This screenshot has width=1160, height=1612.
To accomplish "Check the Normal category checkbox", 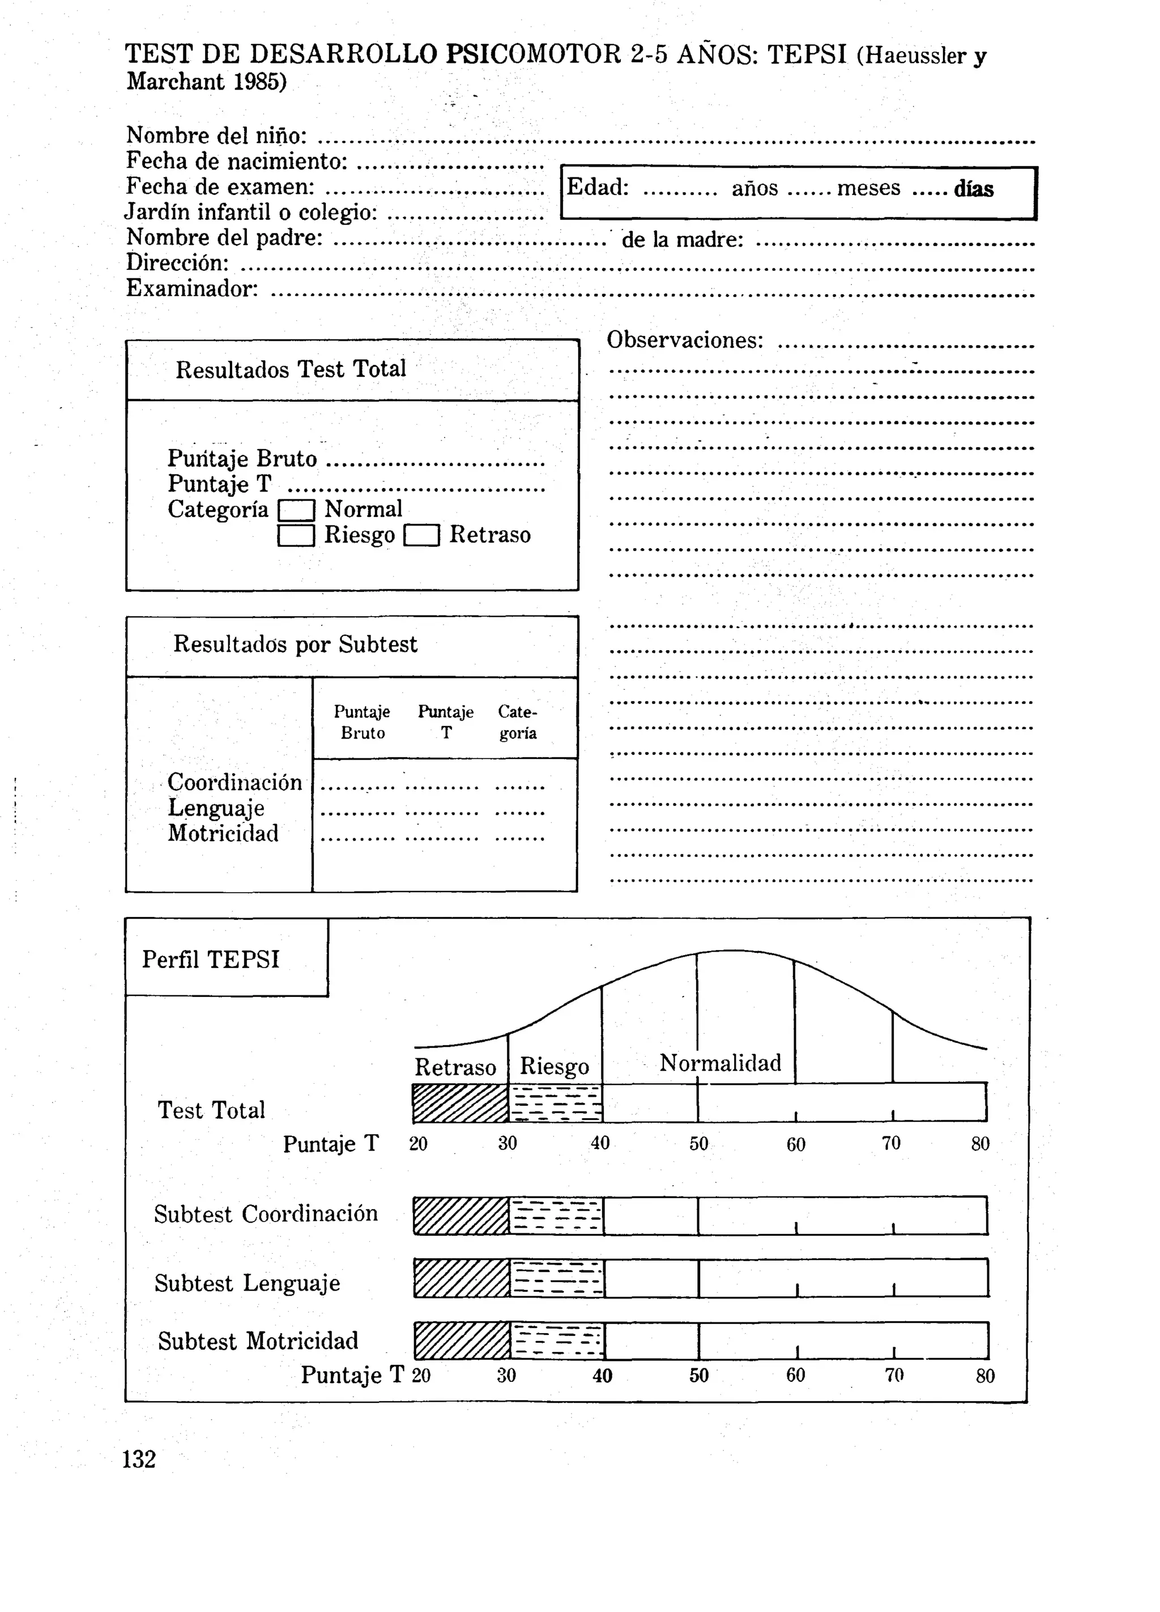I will (296, 510).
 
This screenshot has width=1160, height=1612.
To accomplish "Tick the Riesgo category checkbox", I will (296, 535).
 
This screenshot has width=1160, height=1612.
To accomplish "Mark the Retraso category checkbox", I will (421, 535).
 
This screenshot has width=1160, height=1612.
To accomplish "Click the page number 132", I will (139, 1458).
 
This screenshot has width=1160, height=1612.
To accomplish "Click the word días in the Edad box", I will (973, 189).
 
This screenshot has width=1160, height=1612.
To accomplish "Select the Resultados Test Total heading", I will (291, 370).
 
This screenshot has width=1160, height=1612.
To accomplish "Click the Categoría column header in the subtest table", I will (517, 722).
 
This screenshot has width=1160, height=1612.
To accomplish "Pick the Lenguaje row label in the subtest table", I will (216, 808).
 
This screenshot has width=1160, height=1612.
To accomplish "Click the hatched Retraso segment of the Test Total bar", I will (460, 1103).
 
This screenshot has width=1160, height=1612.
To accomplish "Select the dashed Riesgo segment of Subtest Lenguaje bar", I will (556, 1278).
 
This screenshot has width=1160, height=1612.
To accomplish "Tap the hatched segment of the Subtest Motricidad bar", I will (462, 1340).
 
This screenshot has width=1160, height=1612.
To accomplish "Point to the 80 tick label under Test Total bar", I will (980, 1144).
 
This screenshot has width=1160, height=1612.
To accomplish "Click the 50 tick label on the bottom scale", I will (699, 1375).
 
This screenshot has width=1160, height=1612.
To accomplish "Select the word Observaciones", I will (684, 341).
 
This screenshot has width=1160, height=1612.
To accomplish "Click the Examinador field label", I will (192, 289).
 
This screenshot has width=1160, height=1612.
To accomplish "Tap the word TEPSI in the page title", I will (807, 55).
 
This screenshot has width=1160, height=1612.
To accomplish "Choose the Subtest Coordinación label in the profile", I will (266, 1214).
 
